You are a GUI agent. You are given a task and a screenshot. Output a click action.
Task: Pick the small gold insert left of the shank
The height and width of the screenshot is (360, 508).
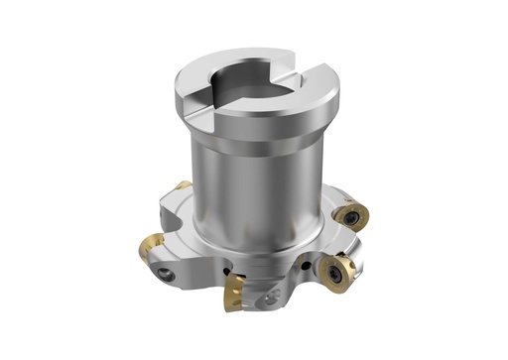(182, 187)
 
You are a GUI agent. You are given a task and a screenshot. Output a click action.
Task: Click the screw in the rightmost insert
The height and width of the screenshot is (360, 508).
(352, 217)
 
